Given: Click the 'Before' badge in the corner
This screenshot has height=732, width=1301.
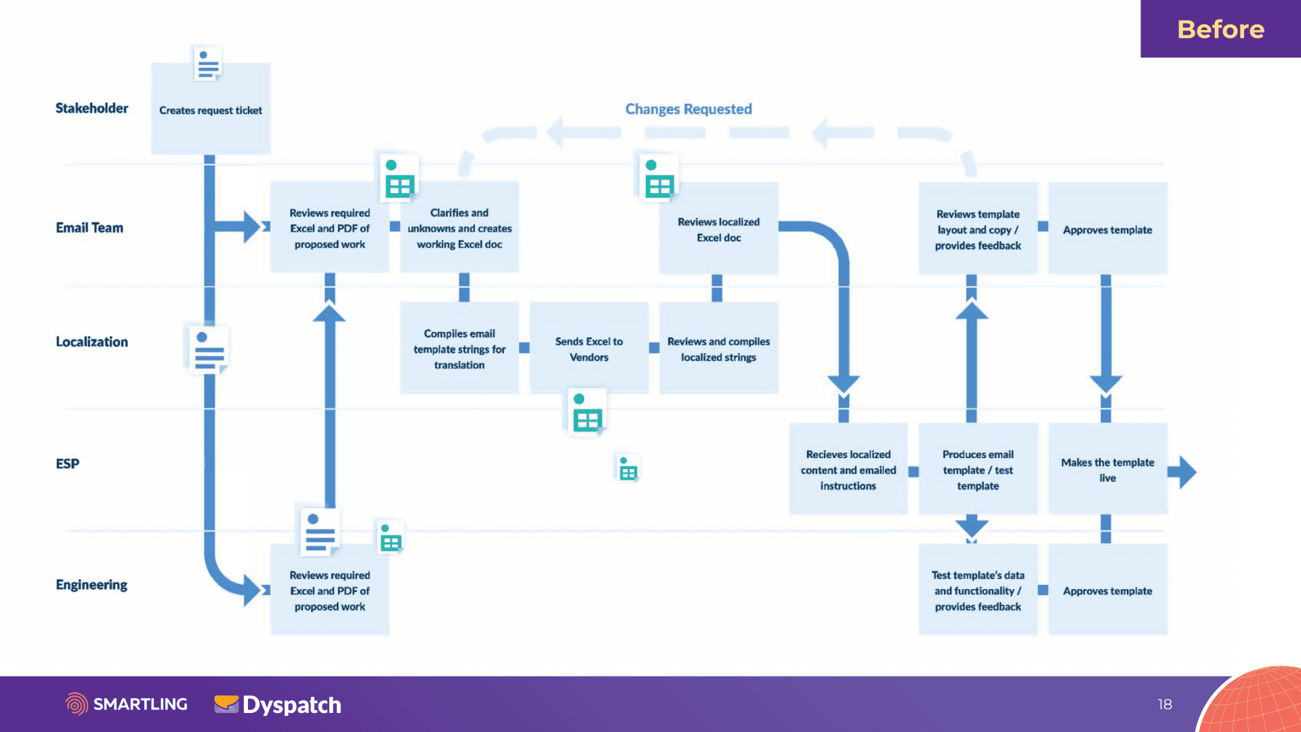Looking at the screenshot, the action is pos(1220,28).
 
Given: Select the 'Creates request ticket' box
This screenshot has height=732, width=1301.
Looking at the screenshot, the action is pos(211,108).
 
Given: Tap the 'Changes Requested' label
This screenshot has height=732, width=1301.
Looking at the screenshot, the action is pos(688,109).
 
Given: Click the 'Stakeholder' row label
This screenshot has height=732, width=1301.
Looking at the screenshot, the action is pos(91,108).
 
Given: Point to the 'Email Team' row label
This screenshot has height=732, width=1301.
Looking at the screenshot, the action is pos(89,228).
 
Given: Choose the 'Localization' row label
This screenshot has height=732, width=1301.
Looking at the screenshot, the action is pos(91,342).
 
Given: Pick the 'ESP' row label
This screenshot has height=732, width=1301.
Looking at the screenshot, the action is pos(67,464).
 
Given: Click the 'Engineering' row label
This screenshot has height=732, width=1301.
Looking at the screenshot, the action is pos(91,584).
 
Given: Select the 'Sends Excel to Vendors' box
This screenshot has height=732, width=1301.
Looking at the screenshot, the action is pos(589,348).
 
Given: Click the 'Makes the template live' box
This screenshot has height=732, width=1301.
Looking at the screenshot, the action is pos(1108,469).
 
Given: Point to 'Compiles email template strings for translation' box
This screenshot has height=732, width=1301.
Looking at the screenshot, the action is pos(459,348).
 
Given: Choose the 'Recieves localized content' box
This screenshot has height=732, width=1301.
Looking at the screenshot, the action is pos(848,469).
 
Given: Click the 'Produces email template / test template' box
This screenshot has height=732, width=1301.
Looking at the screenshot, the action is pos(978,469).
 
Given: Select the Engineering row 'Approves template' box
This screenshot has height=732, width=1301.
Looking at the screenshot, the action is pos(1108,590).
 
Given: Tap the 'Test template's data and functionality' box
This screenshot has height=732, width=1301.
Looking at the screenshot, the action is pos(978,590).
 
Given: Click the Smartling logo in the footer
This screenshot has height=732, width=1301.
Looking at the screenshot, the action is pos(127,704).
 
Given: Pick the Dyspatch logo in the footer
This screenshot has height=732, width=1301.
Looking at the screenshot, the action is pos(278,705).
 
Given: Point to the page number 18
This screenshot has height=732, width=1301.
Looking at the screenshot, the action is pos(1165,704).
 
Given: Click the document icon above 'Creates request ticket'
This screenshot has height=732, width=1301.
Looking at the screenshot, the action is pos(207,64).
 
